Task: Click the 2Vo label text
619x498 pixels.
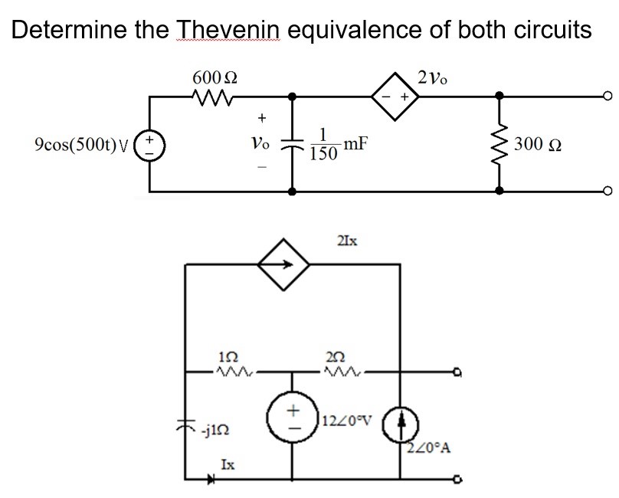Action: point(434,77)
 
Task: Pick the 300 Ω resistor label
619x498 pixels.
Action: point(538,143)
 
